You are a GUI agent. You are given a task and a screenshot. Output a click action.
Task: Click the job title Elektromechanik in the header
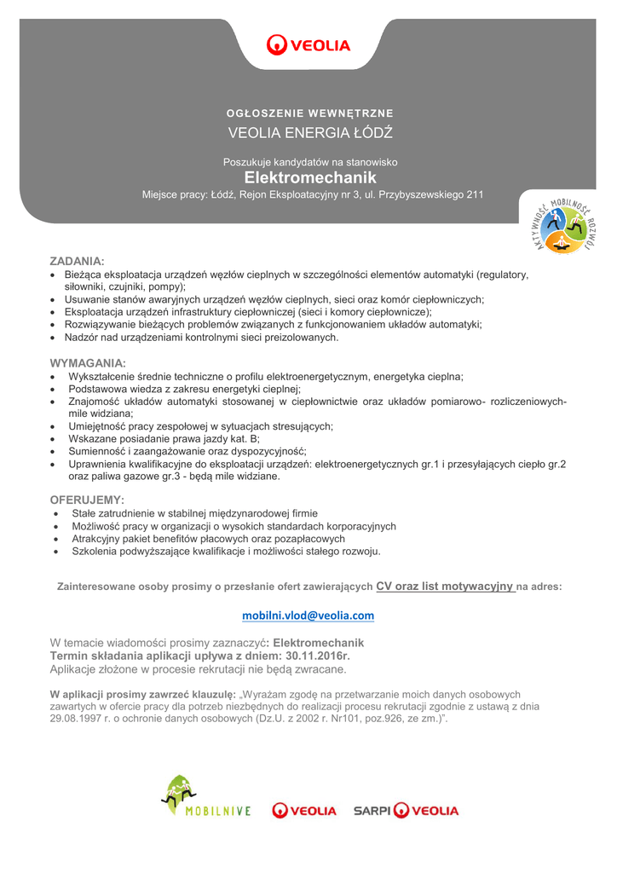pos(309,178)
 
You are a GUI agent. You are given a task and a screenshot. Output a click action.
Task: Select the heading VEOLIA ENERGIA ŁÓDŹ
pos(309,133)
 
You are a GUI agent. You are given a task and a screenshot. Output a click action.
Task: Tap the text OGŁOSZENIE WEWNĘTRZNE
pos(309,113)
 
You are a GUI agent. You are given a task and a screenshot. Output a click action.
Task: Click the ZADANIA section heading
pos(77,258)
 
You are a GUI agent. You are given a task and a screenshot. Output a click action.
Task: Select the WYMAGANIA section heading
pos(88,362)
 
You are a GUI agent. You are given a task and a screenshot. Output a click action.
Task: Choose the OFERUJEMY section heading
pos(88,499)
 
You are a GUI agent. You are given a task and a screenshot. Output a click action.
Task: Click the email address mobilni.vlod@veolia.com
pos(308,615)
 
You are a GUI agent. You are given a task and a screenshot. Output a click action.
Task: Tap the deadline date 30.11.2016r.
pos(317,656)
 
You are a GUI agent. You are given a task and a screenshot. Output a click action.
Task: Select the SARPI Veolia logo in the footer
pos(407,810)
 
